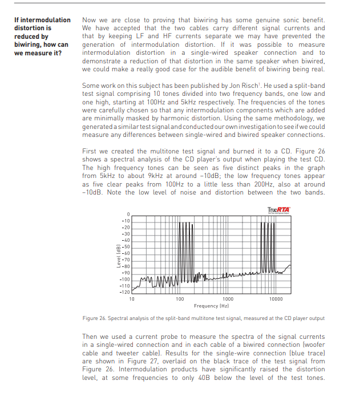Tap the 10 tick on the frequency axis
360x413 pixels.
click(x=132, y=298)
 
